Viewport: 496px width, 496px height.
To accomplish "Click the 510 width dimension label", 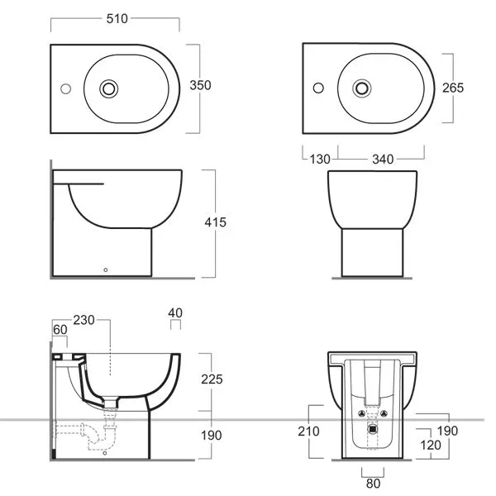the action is click(117, 19).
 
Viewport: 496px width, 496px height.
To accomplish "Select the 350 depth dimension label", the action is click(200, 85).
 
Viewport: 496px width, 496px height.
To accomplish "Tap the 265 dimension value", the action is click(453, 88).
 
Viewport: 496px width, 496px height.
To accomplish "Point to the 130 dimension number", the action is click(320, 159).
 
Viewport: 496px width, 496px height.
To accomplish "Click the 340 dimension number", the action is click(383, 159).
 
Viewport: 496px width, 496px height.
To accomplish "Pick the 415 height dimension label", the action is click(216, 222).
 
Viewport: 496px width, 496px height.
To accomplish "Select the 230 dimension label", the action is click(83, 320).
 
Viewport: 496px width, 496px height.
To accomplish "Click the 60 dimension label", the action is click(60, 330).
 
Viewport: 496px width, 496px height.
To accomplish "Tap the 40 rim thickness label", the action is click(175, 312).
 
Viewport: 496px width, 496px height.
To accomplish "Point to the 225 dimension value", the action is click(212, 379).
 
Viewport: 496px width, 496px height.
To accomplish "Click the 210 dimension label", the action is click(308, 432).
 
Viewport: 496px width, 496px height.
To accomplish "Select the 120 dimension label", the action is click(430, 445).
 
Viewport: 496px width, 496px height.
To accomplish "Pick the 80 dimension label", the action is click(374, 484).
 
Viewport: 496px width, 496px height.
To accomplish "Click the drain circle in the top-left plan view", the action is click(109, 88).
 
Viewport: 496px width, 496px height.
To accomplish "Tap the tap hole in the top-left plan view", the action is click(66, 89).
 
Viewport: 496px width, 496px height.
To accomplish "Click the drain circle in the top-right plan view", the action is click(362, 88).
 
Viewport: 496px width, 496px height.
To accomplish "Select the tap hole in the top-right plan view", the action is click(318, 88).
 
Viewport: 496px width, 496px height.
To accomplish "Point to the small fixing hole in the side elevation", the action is click(106, 269).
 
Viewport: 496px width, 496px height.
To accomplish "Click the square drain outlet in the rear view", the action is click(373, 429).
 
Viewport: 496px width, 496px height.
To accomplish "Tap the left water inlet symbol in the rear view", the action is click(362, 413).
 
